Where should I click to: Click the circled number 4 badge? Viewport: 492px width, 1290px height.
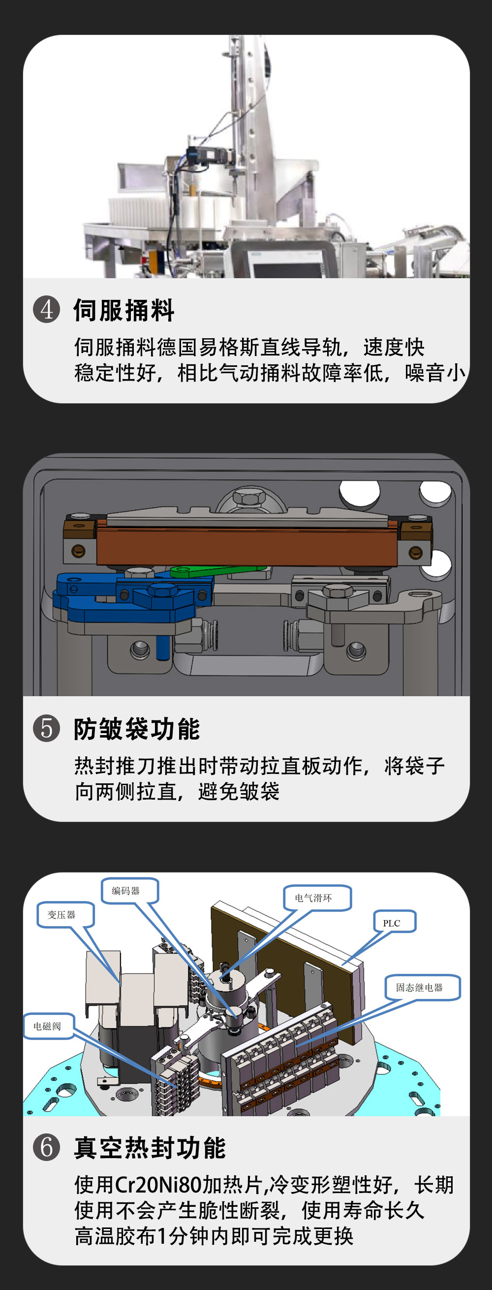click(x=47, y=310)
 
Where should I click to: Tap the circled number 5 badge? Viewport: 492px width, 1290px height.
click(x=47, y=728)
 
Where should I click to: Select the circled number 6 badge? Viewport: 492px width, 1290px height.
click(x=47, y=1147)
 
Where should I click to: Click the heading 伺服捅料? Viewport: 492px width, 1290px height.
click(x=123, y=310)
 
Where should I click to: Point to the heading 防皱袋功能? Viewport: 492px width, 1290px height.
click(x=137, y=729)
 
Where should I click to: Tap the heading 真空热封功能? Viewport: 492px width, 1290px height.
click(x=150, y=1147)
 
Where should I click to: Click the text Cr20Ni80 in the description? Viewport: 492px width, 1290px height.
click(x=158, y=1185)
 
